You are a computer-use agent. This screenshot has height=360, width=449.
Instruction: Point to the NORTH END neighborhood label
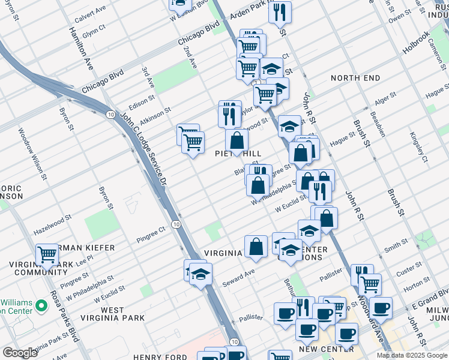[x=355, y=78]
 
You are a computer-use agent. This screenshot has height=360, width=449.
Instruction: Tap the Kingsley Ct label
[x=417, y=148]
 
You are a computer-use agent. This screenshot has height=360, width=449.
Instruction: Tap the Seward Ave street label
[x=240, y=277]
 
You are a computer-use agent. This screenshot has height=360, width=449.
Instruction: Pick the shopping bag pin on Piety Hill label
[x=237, y=141]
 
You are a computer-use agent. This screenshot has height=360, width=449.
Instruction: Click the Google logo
[x=20, y=353]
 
